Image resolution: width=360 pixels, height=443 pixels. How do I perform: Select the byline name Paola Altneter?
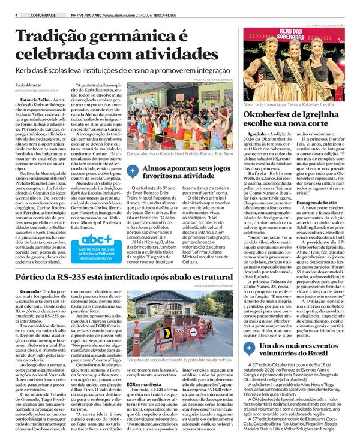tap(25, 86)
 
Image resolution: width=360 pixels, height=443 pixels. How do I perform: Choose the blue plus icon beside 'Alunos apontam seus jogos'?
tap(132, 171)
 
